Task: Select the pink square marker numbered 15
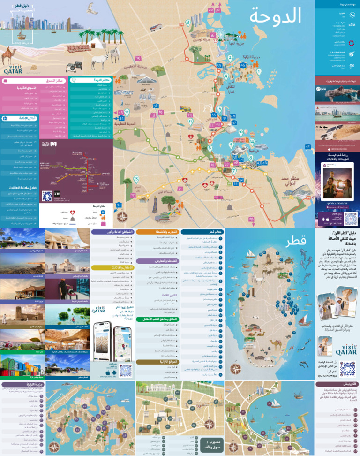138,59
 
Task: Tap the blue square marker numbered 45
242,65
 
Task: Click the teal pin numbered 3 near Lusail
187,23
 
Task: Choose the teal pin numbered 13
136,179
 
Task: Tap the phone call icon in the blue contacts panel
352,15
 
